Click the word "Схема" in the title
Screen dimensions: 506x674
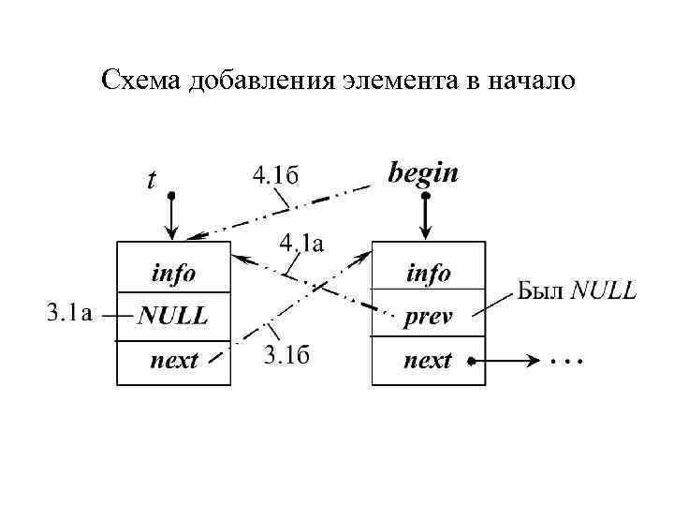click(x=141, y=81)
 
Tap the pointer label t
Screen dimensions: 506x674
click(x=152, y=179)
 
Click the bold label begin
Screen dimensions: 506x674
click(x=423, y=172)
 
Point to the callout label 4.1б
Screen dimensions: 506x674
click(x=275, y=174)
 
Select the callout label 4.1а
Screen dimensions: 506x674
click(x=301, y=245)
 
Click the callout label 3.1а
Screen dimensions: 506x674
click(x=68, y=313)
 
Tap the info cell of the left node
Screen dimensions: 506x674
click(x=173, y=274)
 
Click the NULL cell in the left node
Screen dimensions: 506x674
click(x=173, y=316)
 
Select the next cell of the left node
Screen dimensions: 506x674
click(x=173, y=361)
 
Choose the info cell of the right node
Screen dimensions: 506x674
click(x=428, y=274)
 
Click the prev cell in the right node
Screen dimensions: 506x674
click(x=428, y=317)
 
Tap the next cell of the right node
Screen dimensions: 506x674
click(x=428, y=361)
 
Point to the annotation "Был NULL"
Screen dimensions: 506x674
click(x=577, y=290)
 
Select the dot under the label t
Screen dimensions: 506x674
click(x=171, y=196)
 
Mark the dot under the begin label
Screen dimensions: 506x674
click(x=426, y=197)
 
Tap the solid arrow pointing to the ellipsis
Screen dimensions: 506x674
click(x=505, y=361)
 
